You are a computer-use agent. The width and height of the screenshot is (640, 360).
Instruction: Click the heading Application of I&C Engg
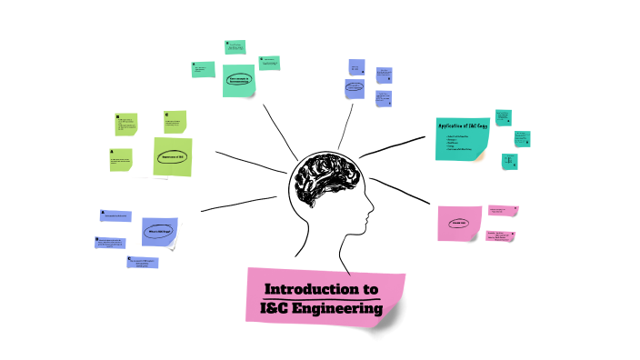pos(464,125)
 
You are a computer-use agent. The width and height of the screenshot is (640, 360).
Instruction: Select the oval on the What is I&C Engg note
pos(157,232)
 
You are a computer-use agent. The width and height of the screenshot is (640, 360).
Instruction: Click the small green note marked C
pos(175,122)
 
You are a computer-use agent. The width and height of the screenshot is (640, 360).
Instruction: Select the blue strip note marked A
pos(115,216)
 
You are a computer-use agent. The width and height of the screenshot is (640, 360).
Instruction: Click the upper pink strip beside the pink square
pos(503,210)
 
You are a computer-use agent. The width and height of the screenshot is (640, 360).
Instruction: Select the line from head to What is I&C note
pos(235,205)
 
